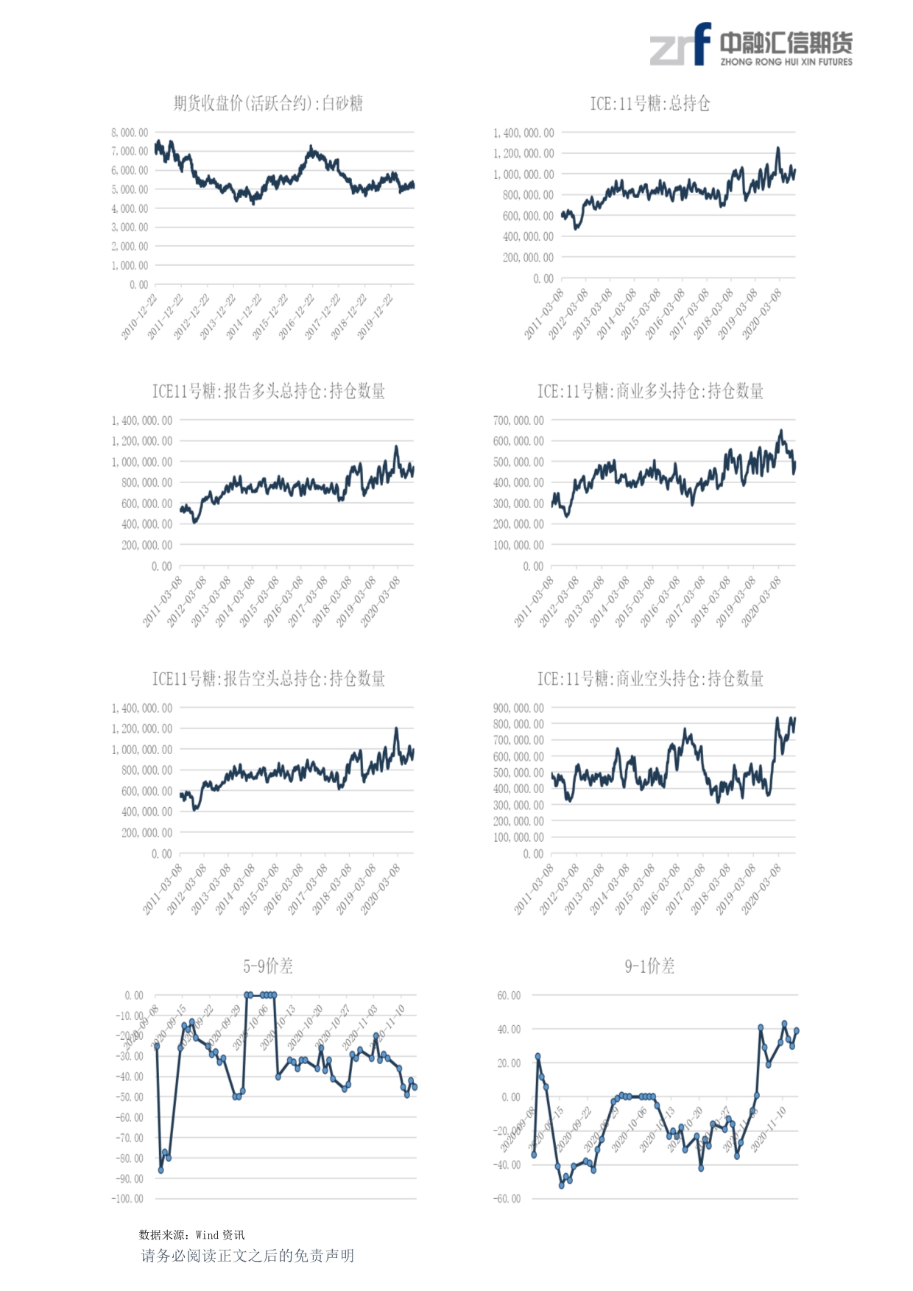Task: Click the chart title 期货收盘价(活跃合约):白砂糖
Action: click(268, 103)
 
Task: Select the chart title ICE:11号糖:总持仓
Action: click(649, 103)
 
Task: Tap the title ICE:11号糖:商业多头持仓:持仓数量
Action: click(649, 391)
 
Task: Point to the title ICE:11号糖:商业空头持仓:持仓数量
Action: click(649, 678)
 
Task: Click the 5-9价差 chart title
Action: click(268, 965)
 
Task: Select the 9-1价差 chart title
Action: click(649, 965)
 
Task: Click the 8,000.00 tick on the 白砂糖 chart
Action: click(130, 133)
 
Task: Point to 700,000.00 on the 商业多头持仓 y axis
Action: click(518, 421)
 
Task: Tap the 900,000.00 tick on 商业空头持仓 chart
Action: click(518, 708)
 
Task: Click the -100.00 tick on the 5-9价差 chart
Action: click(127, 1199)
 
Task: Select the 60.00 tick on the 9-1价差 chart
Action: click(509, 996)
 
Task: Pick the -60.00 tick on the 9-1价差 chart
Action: click(507, 1199)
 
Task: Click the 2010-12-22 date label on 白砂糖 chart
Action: click(139, 317)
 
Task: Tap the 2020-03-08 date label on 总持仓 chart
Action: click(762, 314)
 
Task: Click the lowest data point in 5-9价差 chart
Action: click(161, 1169)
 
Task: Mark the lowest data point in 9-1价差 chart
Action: click(562, 1186)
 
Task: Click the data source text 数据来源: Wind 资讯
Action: click(191, 1235)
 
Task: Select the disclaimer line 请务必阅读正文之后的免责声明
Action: click(247, 1256)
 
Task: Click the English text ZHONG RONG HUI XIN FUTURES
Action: click(786, 62)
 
